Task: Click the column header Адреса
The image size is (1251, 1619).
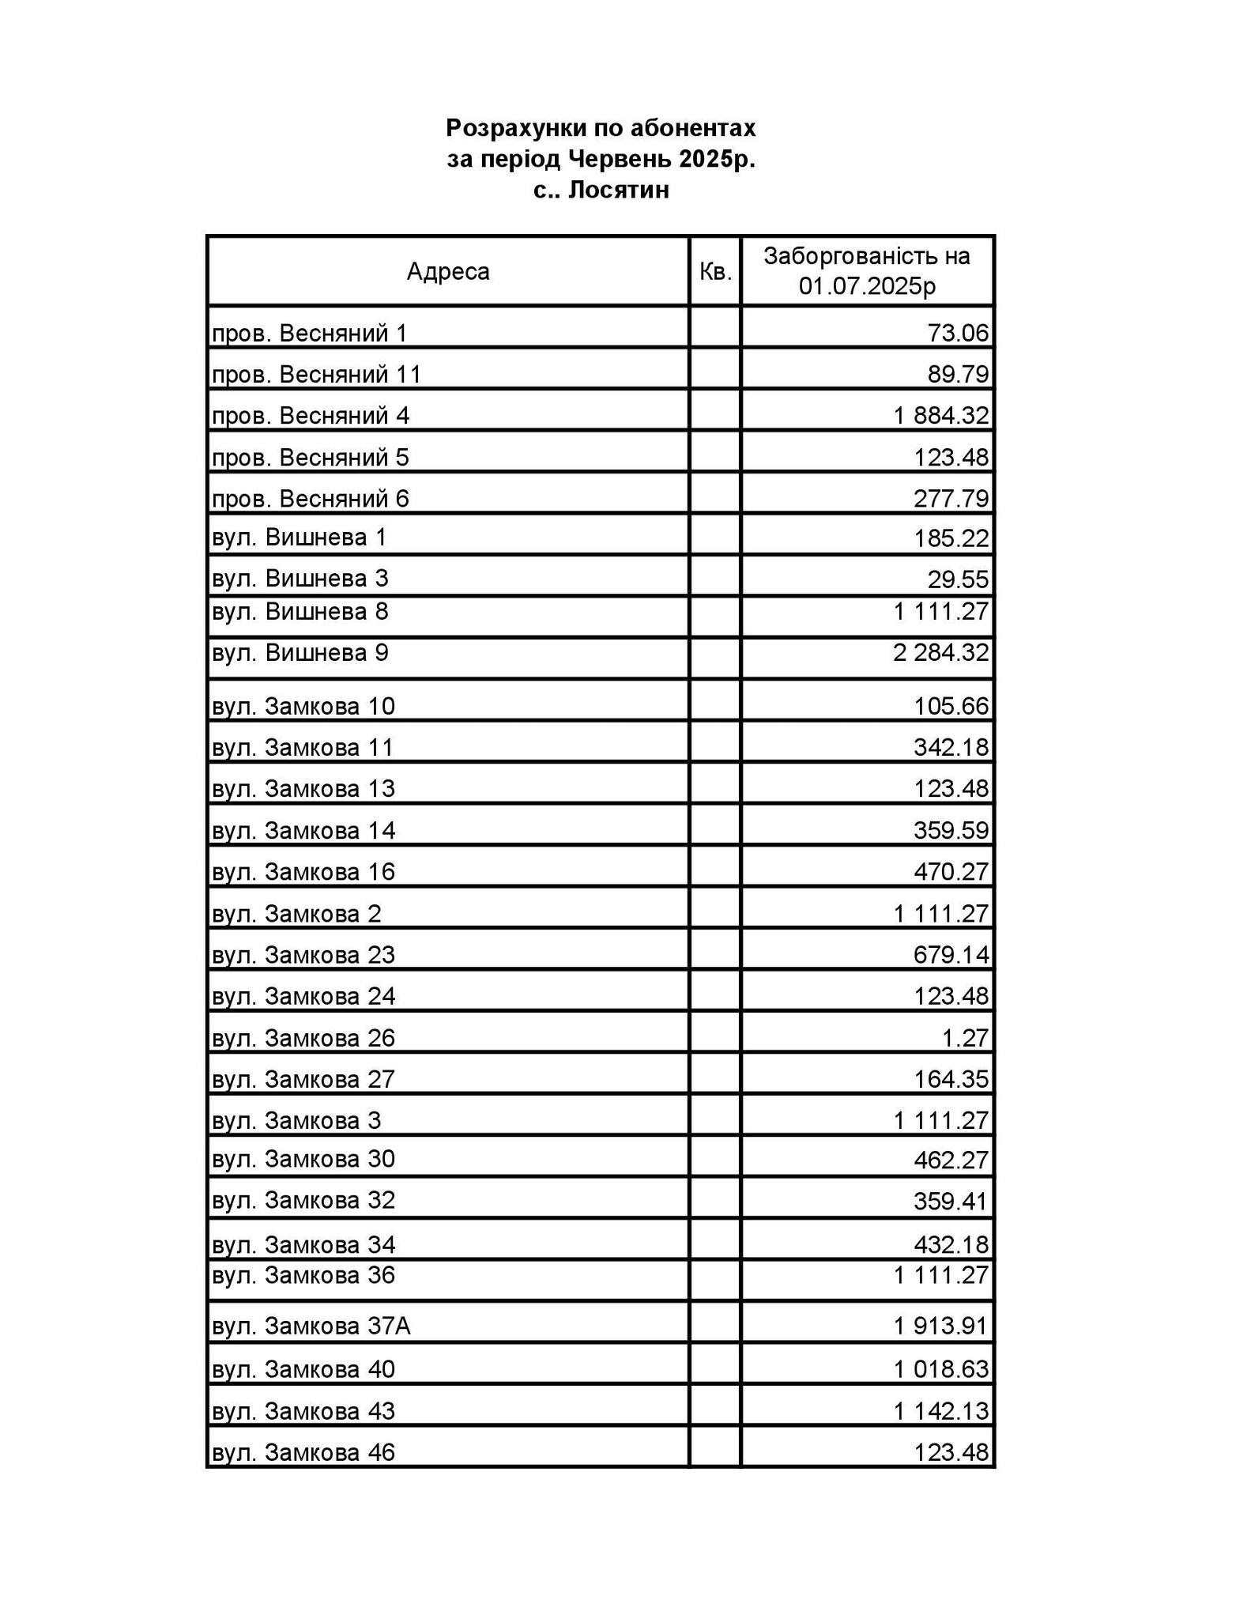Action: [x=448, y=271]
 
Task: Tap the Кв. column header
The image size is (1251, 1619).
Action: [x=715, y=271]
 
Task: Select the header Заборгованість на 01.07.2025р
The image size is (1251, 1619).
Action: [x=867, y=270]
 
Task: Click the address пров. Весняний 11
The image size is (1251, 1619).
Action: [x=316, y=374]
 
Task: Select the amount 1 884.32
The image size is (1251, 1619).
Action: [x=941, y=415]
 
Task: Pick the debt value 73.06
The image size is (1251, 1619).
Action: [x=958, y=333]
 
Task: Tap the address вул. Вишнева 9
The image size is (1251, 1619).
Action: [x=300, y=653]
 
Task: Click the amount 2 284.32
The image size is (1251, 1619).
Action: [x=941, y=653]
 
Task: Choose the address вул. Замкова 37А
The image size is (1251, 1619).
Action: [x=311, y=1326]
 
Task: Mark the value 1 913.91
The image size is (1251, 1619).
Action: [x=941, y=1326]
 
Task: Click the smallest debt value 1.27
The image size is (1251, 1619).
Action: [x=965, y=1037]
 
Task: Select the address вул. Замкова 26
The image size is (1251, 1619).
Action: [x=303, y=1037]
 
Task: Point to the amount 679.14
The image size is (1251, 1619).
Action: [x=951, y=954]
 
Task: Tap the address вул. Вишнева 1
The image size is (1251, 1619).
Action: [x=300, y=538]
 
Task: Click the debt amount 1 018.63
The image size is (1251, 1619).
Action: [x=941, y=1368]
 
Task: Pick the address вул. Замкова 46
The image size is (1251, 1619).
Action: [x=303, y=1452]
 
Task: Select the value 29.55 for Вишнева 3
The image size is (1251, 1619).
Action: [x=958, y=579]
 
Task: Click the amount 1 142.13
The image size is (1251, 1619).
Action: [x=941, y=1410]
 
